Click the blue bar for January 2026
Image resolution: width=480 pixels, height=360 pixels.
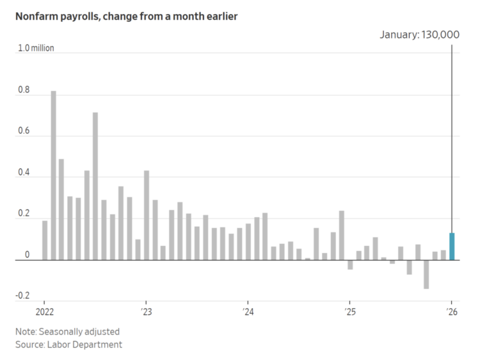pos(452,247)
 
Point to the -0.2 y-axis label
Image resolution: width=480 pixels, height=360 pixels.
pos(22,295)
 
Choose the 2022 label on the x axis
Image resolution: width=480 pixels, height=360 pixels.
pos(44,312)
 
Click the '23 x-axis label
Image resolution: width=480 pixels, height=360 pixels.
pos(146,312)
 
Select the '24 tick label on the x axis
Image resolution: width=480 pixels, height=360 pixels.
pos(248,312)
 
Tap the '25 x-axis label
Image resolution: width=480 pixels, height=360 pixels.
pos(349,312)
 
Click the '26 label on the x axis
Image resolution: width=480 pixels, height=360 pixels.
pos(452,312)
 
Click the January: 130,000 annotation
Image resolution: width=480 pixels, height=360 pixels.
pos(419,35)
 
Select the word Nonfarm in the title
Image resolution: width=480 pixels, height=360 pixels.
pos(38,17)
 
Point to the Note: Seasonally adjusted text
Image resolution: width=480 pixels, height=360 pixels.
pos(68,332)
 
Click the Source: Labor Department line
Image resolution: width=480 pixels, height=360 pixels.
pos(69,345)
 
